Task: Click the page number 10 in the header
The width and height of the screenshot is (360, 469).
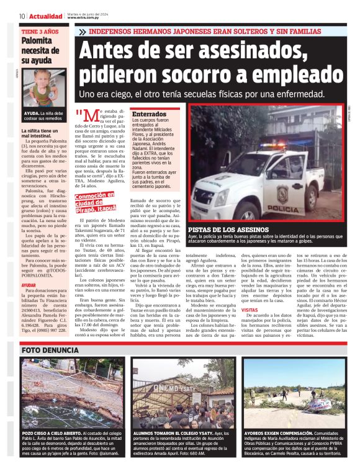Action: [22, 16]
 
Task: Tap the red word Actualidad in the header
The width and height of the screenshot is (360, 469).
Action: [45, 16]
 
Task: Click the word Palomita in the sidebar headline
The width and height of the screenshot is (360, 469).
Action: [36, 40]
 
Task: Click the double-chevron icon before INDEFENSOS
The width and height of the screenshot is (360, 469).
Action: [83, 30]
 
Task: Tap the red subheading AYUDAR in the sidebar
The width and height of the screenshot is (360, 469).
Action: [29, 285]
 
